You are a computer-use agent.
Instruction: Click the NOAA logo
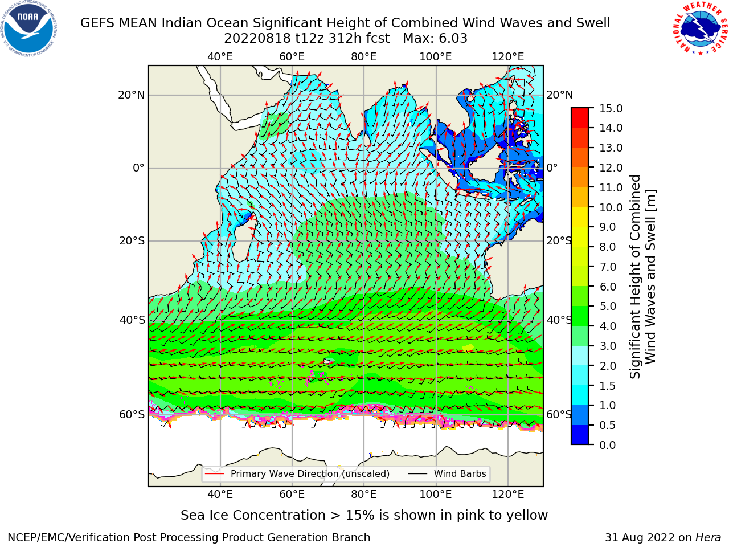click(29, 29)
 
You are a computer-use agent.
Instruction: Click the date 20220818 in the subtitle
click(257, 39)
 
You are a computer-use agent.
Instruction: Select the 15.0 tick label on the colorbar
click(611, 108)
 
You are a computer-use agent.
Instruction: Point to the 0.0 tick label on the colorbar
click(608, 445)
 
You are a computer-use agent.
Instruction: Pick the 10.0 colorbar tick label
click(611, 207)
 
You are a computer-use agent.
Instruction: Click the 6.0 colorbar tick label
click(608, 287)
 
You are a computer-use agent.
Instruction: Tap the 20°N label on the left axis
click(132, 95)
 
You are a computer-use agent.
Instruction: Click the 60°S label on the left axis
click(132, 414)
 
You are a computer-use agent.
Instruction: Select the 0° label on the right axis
click(552, 168)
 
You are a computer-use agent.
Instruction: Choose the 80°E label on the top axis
click(364, 57)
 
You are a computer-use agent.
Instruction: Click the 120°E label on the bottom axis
click(508, 494)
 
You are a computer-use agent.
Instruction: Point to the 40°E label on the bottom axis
click(220, 494)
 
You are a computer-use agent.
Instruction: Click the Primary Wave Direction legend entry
click(297, 473)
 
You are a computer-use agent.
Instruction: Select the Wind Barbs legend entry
click(447, 473)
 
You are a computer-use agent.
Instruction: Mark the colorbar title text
click(643, 276)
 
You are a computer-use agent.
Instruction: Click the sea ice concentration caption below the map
click(364, 515)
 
